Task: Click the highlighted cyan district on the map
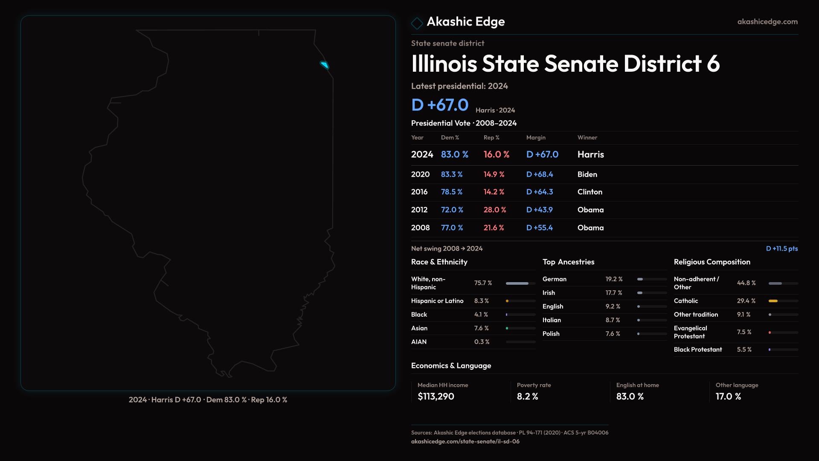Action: click(325, 65)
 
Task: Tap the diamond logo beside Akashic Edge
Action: click(417, 23)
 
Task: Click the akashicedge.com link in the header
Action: click(767, 22)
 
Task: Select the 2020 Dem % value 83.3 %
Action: click(451, 175)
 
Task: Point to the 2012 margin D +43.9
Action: click(539, 210)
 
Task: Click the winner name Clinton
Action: click(590, 192)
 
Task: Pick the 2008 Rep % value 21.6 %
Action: click(494, 228)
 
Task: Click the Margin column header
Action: click(536, 137)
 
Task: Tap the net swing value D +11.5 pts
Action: click(781, 248)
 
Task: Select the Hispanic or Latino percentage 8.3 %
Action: click(481, 301)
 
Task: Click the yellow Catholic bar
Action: click(773, 301)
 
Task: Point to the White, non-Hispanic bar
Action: click(517, 283)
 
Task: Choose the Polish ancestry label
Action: click(551, 334)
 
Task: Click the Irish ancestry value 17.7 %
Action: click(613, 293)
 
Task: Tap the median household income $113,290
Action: click(436, 397)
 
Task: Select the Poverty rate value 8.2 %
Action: click(527, 397)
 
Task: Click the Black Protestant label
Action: click(697, 350)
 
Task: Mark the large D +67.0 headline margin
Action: click(439, 105)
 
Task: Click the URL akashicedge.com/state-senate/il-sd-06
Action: click(465, 441)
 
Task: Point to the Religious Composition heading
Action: click(712, 262)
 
